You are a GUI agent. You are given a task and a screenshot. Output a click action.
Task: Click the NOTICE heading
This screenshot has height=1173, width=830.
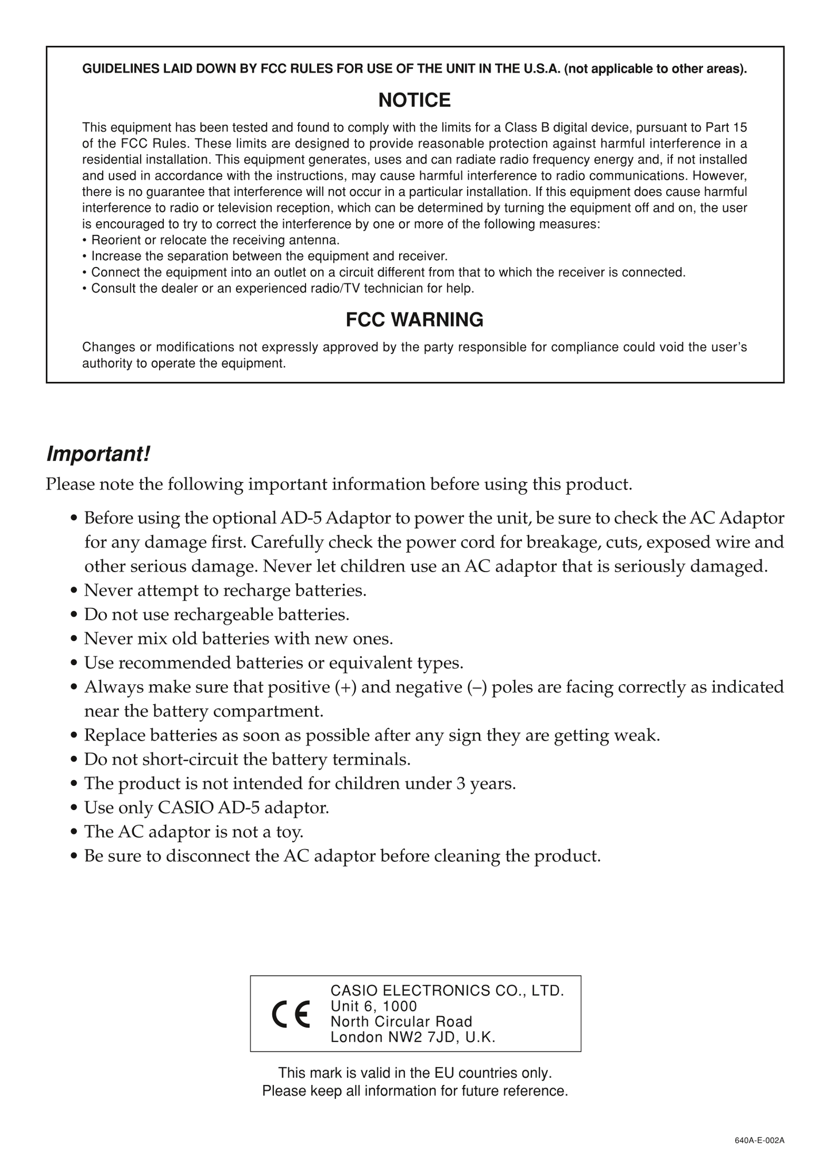(x=414, y=101)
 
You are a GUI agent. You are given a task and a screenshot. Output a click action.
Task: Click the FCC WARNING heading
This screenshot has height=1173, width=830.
(x=414, y=320)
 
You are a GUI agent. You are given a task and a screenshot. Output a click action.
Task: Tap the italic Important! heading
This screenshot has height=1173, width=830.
(x=98, y=454)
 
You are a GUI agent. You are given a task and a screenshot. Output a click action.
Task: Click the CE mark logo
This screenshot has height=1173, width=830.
(x=291, y=1014)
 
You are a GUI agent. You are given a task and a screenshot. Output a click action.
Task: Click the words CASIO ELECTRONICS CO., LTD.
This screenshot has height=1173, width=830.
(x=447, y=991)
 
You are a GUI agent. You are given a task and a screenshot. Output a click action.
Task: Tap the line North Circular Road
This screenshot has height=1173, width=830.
(x=402, y=1022)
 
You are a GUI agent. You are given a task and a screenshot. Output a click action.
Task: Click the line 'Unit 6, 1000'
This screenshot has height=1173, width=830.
(x=374, y=1006)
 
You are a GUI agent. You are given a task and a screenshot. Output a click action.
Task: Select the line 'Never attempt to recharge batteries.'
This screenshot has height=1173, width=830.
(x=225, y=591)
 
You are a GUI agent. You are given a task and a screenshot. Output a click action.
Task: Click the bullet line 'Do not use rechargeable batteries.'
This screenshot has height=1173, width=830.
(x=217, y=615)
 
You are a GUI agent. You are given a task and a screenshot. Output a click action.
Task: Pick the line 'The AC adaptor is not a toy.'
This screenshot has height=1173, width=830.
(x=194, y=832)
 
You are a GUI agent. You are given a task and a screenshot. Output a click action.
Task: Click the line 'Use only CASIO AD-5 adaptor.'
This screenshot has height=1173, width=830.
(x=207, y=808)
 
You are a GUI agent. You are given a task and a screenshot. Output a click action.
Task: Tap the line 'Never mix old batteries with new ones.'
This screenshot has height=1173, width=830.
(x=238, y=639)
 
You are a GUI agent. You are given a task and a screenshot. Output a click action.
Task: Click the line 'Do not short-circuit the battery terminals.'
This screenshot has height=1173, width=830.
(x=247, y=759)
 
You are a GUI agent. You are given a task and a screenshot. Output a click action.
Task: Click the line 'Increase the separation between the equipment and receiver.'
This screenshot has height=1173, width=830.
(x=269, y=256)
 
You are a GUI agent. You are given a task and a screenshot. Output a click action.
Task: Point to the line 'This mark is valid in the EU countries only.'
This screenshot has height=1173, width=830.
(x=415, y=1073)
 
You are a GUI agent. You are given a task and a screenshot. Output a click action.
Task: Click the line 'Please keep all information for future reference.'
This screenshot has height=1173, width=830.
(x=415, y=1091)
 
